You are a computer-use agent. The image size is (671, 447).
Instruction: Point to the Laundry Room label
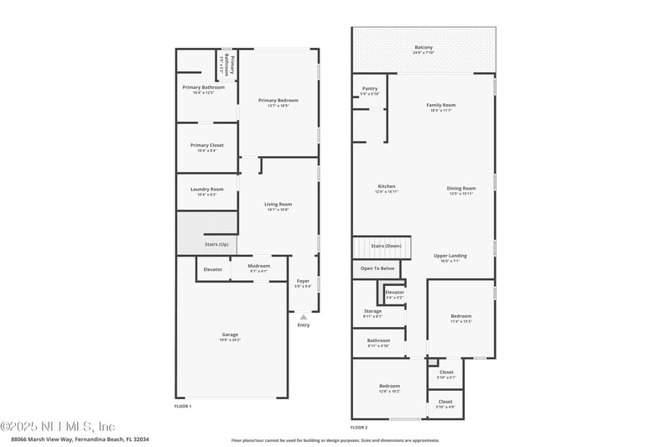click(206, 190)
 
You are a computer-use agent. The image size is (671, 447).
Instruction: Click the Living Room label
click(278, 205)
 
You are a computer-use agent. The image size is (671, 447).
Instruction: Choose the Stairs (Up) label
click(216, 244)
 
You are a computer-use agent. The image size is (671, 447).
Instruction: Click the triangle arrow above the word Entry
click(303, 316)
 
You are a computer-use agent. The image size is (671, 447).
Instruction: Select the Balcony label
click(424, 48)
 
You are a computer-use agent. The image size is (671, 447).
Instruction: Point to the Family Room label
click(440, 107)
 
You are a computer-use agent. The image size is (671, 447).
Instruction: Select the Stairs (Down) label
click(386, 246)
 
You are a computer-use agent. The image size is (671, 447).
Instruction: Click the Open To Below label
click(377, 268)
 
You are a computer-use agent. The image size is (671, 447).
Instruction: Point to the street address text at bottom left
click(80, 438)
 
